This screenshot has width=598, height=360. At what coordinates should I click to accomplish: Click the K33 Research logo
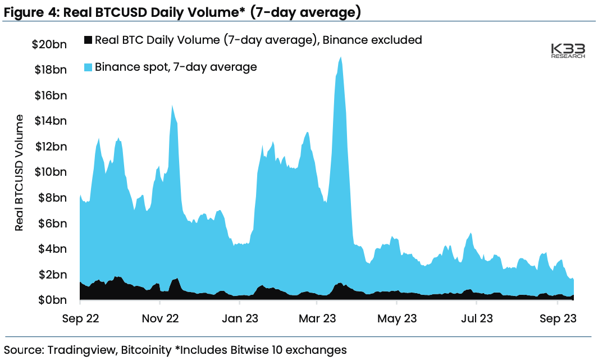pyautogui.click(x=568, y=51)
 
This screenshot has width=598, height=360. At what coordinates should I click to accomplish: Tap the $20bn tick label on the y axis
pyautogui.click(x=49, y=44)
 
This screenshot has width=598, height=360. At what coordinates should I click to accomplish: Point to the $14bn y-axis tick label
pyautogui.click(x=50, y=120)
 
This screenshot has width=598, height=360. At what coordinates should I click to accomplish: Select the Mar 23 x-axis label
pyautogui.click(x=317, y=318)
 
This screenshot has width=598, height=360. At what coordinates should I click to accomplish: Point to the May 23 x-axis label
pyautogui.click(x=397, y=318)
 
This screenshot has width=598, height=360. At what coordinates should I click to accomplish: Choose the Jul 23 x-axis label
pyautogui.click(x=476, y=318)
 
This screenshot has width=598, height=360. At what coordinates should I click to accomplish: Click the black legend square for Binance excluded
pyautogui.click(x=88, y=40)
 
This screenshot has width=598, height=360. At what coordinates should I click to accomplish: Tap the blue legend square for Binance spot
pyautogui.click(x=88, y=67)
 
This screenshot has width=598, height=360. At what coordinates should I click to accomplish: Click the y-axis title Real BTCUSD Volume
pyautogui.click(x=20, y=172)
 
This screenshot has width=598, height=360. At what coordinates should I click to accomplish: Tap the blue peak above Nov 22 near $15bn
pyautogui.click(x=172, y=107)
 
